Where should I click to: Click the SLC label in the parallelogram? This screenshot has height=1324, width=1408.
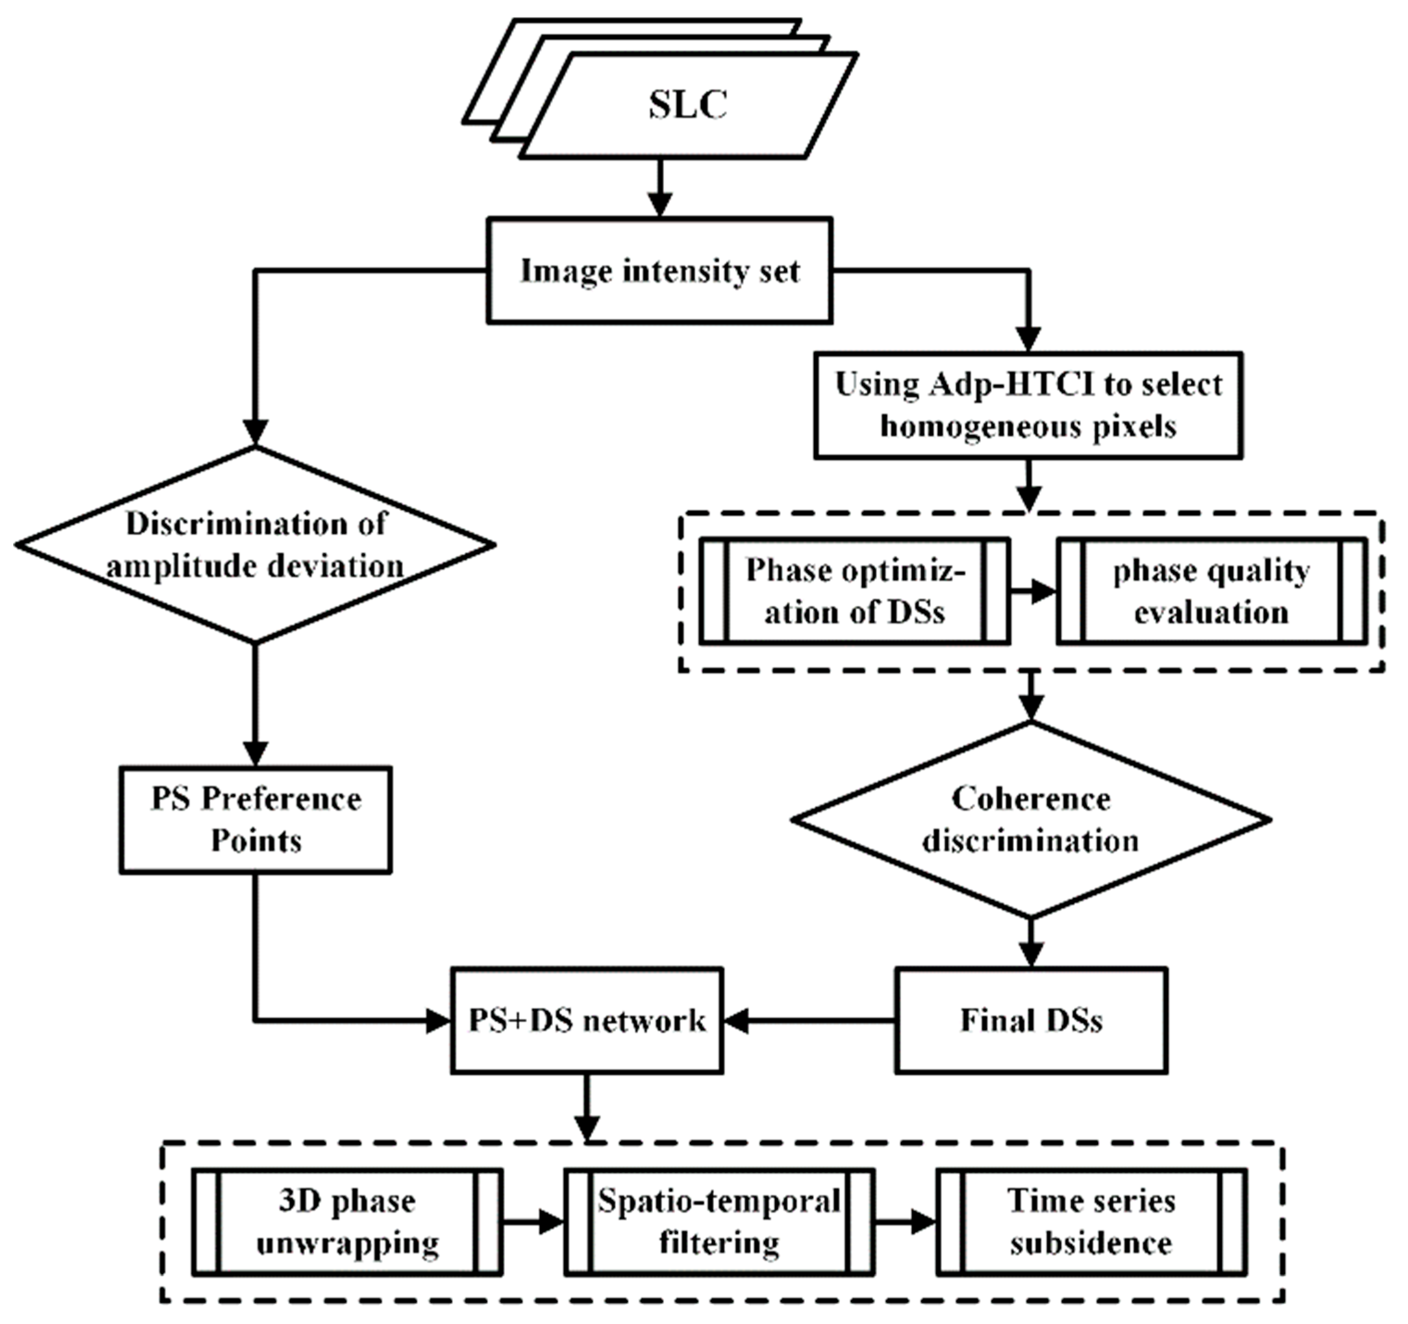[688, 105]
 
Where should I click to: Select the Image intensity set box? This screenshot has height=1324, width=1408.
[659, 271]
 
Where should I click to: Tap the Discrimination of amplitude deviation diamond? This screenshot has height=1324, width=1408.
[255, 545]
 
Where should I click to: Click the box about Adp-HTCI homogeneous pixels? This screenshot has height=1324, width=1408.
[1029, 405]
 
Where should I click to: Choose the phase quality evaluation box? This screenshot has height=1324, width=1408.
[1211, 591]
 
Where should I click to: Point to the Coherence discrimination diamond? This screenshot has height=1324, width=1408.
[1030, 820]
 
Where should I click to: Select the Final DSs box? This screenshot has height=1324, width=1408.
[1030, 1020]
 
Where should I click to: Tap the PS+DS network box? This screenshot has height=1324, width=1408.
[587, 1020]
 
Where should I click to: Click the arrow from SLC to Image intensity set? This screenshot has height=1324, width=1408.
[659, 188]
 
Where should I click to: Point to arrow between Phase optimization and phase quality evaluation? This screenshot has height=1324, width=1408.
[1033, 591]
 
